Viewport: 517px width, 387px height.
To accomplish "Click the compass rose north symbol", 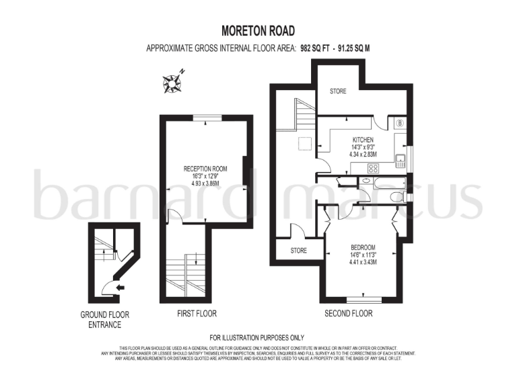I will [x=172, y=82].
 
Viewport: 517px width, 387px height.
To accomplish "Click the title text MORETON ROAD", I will [x=258, y=31].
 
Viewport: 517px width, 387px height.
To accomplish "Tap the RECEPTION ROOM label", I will [x=205, y=169].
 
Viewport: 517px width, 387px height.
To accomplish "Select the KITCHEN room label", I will [x=362, y=140].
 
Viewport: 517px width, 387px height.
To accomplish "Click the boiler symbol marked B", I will [x=400, y=123].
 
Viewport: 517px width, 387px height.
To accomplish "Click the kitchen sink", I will [x=400, y=160].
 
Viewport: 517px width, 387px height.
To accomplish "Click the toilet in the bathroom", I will [x=397, y=197].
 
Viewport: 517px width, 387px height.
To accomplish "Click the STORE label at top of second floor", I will [x=338, y=91].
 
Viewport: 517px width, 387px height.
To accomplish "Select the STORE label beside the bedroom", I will [x=298, y=251].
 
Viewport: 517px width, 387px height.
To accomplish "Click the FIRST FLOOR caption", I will [x=197, y=314].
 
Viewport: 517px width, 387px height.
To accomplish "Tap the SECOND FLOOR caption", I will [x=348, y=314].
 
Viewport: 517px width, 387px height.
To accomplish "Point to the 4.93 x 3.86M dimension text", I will [x=205, y=183].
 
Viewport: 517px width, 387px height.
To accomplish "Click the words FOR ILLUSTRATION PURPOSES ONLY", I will [x=257, y=337].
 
